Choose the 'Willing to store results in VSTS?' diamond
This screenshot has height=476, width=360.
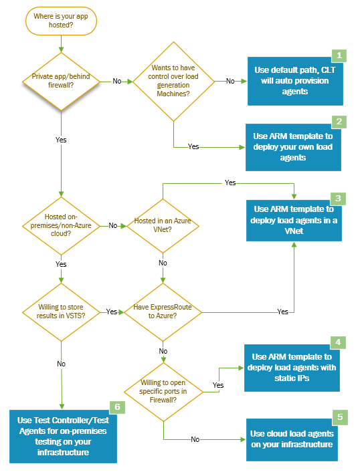click(61, 312)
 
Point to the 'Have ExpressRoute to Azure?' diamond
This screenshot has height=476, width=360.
click(163, 312)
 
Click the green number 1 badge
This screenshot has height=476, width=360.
click(339, 55)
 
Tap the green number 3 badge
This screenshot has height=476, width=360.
click(339, 199)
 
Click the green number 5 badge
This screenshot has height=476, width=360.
click(339, 417)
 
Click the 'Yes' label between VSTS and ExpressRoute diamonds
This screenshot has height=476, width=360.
click(112, 312)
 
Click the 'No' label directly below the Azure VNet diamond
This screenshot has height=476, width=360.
click(163, 263)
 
